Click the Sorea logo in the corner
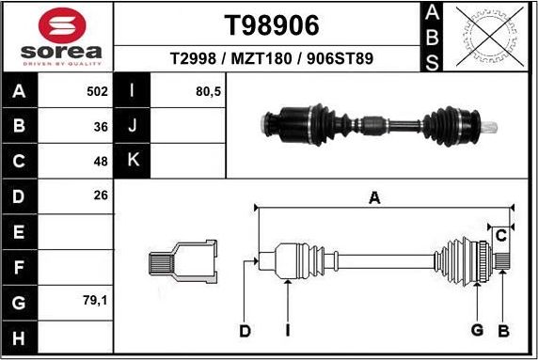pyautogui.click(x=58, y=37)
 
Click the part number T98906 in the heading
pyautogui.click(x=272, y=23)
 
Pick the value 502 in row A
pyautogui.click(x=97, y=92)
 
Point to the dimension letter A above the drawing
pyautogui.click(x=374, y=197)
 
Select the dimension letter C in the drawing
pyautogui.click(x=501, y=234)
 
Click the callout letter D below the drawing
pyautogui.click(x=245, y=331)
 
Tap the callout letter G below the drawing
pyautogui.click(x=477, y=330)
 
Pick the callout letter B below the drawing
pyautogui.click(x=503, y=330)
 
